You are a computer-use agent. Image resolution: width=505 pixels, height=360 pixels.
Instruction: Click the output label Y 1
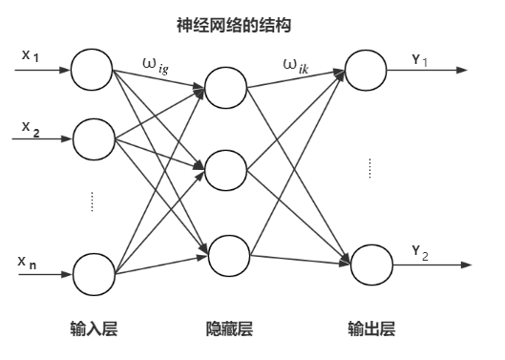click(x=419, y=60)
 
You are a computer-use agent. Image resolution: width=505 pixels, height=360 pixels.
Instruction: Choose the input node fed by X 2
click(x=93, y=138)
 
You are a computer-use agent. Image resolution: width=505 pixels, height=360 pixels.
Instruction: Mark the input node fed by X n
click(x=93, y=272)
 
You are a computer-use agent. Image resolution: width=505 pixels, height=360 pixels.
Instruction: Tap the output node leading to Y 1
click(x=366, y=70)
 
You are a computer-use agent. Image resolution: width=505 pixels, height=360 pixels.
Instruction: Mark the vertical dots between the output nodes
click(x=368, y=169)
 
